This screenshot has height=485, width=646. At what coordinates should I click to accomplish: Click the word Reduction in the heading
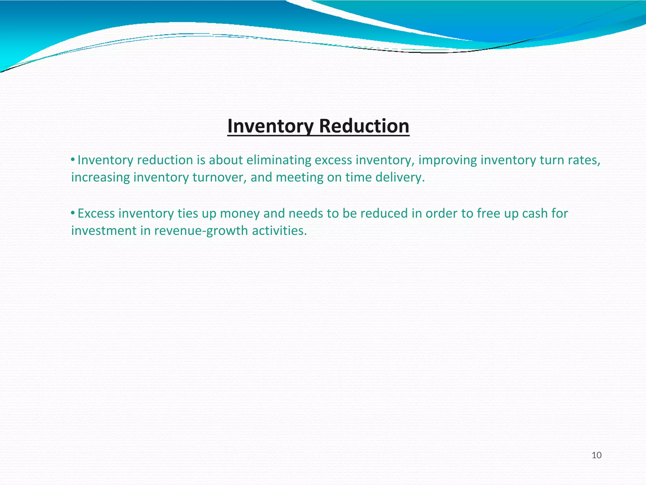pos(364,126)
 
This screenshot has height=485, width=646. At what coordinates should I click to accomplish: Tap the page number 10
pos(596,455)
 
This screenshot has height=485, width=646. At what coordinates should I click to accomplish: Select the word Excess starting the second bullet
pos(96,214)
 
